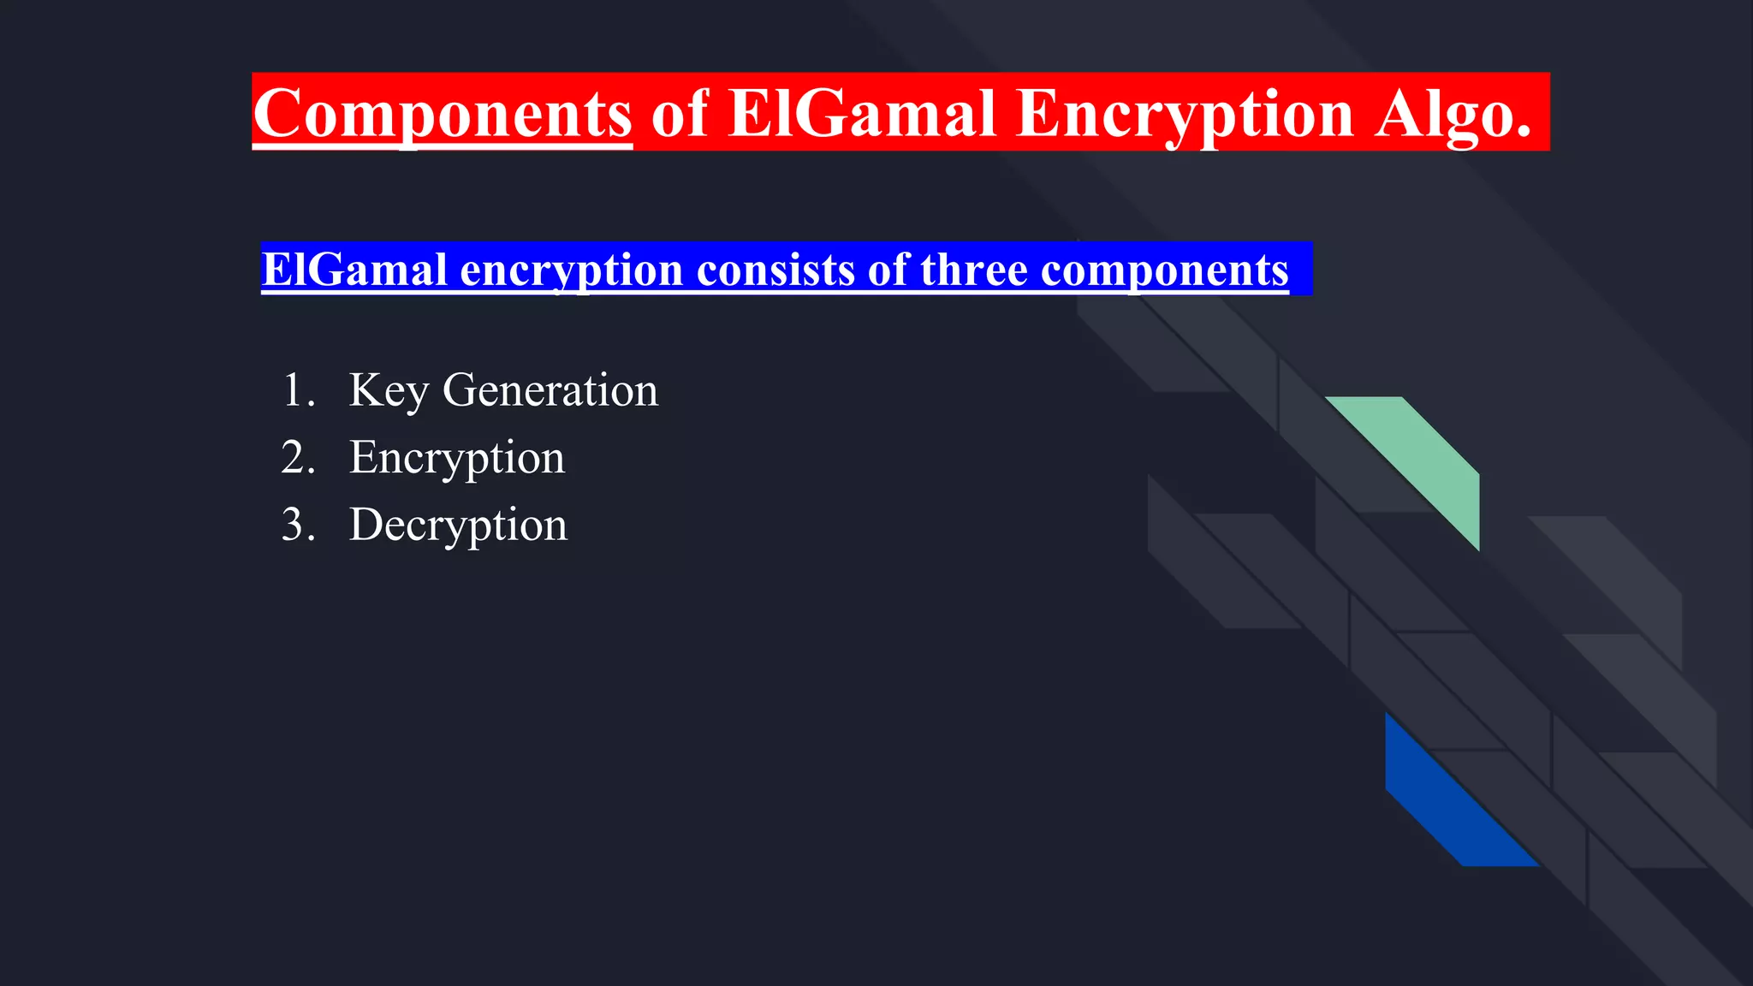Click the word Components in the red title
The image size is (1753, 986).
pyautogui.click(x=443, y=114)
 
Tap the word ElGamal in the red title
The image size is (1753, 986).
pyautogui.click(x=862, y=114)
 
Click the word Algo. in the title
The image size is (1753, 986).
pyautogui.click(x=1453, y=114)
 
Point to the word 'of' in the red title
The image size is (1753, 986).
pyautogui.click(x=680, y=114)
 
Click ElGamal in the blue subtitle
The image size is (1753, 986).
pyautogui.click(x=354, y=270)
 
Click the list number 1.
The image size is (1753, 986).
pyautogui.click(x=298, y=390)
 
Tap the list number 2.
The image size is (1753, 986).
pyautogui.click(x=298, y=458)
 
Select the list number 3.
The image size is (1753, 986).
pyautogui.click(x=298, y=525)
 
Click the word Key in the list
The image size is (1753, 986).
pyautogui.click(x=389, y=390)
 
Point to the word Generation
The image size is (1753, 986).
pyautogui.click(x=550, y=390)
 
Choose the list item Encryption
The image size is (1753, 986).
pyautogui.click(x=457, y=458)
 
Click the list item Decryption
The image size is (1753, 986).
pyautogui.click(x=458, y=525)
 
